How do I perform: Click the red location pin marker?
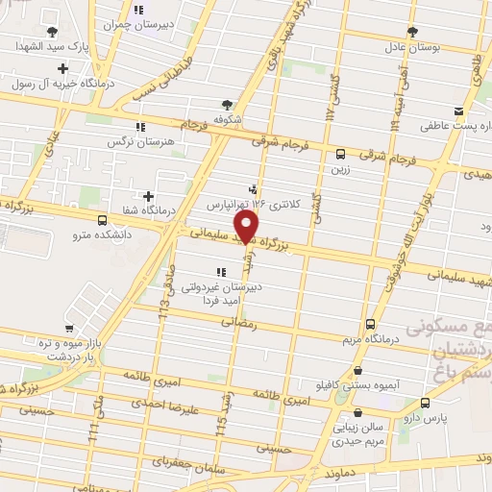pyautogui.click(x=247, y=227)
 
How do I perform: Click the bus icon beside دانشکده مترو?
pyautogui.click(x=103, y=220)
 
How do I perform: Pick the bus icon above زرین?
pyautogui.click(x=341, y=153)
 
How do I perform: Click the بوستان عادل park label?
pyautogui.click(x=412, y=45)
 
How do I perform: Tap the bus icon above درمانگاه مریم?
pyautogui.click(x=372, y=325)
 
